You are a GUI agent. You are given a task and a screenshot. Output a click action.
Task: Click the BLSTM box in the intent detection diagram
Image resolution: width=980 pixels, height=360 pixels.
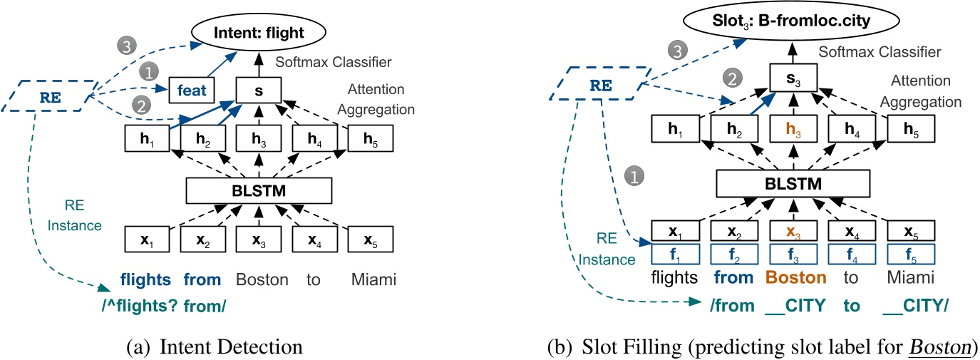click(259, 190)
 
